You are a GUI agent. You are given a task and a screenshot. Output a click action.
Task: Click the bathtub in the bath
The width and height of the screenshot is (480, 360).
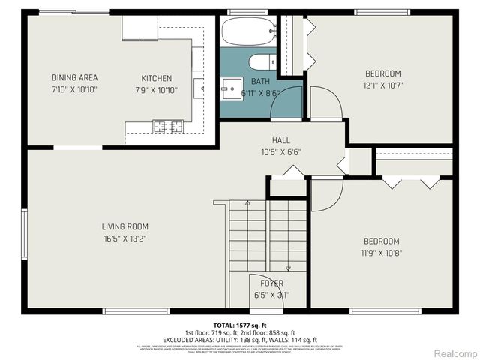tap(247, 32)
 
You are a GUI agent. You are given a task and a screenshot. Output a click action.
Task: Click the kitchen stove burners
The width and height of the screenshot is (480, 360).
tap(168, 126)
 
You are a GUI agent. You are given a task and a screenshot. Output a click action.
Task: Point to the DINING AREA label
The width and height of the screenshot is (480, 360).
tap(74, 78)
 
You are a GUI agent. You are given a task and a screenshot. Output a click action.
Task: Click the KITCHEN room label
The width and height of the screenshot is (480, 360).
tap(157, 78)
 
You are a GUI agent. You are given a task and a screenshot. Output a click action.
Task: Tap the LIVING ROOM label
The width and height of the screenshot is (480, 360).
tap(125, 226)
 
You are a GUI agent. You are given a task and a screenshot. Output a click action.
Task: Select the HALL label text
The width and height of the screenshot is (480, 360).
tap(281, 140)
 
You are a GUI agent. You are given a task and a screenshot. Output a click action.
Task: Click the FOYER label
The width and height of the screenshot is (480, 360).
tap(271, 283)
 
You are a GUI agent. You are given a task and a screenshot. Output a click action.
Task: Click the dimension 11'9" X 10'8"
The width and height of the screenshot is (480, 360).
tap(382, 253)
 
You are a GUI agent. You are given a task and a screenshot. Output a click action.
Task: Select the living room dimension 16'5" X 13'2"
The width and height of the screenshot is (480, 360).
tap(125, 238)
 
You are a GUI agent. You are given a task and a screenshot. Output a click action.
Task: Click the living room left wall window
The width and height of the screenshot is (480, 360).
tap(25, 232)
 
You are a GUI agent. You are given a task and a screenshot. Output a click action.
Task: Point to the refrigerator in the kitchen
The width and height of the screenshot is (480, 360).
tap(139, 28)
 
